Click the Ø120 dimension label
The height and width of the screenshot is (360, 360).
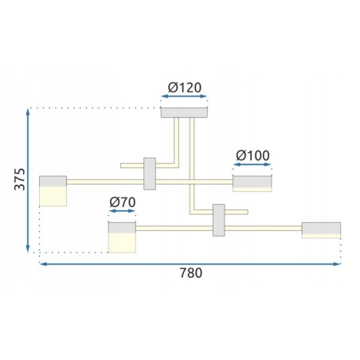click(185, 88)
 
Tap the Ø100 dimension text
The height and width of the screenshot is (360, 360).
click(252, 155)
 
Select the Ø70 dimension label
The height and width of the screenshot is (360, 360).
click(123, 202)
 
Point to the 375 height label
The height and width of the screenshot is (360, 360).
click(20, 179)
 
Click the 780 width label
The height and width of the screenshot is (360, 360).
click(191, 273)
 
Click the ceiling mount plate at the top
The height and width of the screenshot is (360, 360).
click(184, 112)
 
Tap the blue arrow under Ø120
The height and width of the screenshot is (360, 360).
click(184, 96)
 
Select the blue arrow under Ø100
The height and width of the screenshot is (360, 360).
click(252, 165)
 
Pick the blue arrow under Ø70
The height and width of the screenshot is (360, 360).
click(122, 211)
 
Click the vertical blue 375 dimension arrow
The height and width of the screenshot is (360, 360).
click(28, 181)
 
